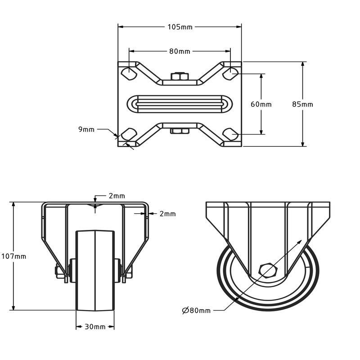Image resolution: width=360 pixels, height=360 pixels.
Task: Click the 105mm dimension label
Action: click(180, 27)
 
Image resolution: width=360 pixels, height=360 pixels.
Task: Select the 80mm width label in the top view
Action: click(180, 51)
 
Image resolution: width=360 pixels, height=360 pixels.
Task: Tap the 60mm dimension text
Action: click(261, 104)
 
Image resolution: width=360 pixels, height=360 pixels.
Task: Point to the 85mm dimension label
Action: click(302, 104)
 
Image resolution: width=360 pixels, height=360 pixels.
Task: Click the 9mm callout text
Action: click(86, 130)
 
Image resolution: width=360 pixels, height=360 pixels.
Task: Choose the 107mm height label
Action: click(13, 256)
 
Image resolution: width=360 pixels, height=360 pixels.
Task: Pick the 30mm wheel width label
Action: click(95, 327)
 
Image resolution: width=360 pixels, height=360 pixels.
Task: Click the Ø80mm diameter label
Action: click(196, 310)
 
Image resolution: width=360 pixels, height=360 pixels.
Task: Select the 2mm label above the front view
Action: click(117, 196)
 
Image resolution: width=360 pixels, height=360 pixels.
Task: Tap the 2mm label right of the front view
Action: click(167, 214)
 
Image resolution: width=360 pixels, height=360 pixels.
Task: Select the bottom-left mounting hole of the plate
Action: click(129, 134)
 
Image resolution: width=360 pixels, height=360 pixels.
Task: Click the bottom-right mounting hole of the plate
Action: click(230, 134)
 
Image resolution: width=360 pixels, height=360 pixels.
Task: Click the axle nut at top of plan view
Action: click(180, 77)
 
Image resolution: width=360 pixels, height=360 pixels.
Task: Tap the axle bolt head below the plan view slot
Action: click(180, 131)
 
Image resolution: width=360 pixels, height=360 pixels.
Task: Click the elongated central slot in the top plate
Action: click(180, 104)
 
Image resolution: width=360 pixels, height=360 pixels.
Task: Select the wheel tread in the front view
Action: click(95, 270)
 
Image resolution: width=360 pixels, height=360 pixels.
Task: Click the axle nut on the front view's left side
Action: click(60, 273)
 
